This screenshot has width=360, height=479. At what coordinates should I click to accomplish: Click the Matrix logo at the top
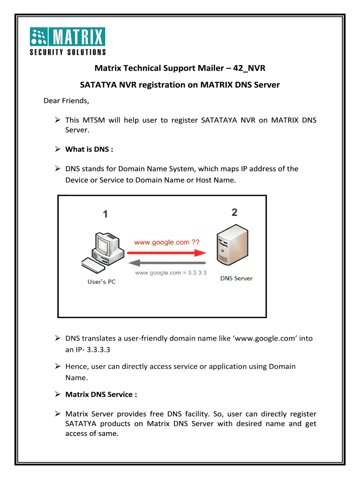click(68, 37)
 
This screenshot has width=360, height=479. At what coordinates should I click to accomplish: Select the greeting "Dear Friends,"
click(66, 101)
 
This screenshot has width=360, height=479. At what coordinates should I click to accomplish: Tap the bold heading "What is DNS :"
click(89, 149)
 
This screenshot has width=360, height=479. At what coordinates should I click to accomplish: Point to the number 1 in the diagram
click(105, 214)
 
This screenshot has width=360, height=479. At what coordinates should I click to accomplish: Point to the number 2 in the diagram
click(234, 212)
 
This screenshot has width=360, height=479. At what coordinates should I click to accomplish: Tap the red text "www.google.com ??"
click(167, 242)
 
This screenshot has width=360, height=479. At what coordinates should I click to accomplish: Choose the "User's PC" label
click(101, 282)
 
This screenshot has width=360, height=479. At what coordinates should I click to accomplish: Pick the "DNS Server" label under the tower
click(236, 278)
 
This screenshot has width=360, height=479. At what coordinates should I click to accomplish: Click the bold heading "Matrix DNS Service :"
click(101, 394)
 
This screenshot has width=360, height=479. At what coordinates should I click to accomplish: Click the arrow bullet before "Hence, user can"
click(58, 366)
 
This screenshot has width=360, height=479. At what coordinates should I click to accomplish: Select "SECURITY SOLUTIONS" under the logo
click(68, 52)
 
